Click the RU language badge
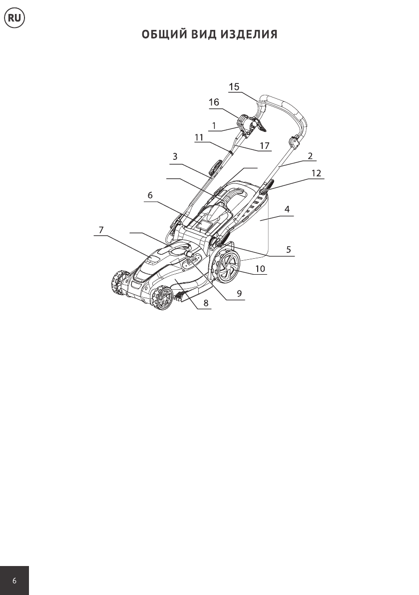(14, 18)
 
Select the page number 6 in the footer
(14, 581)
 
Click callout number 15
(234, 86)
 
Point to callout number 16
(214, 102)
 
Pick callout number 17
(264, 146)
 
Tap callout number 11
(199, 137)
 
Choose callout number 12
(316, 173)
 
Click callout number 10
(260, 269)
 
